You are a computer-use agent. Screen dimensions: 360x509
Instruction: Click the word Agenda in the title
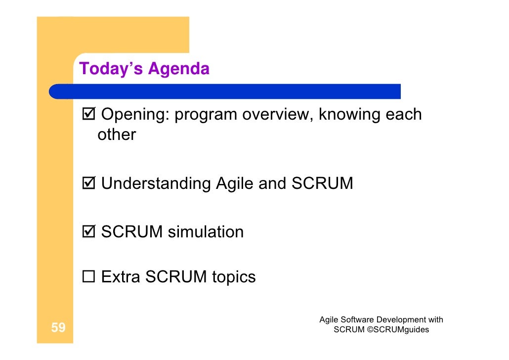pos(178,69)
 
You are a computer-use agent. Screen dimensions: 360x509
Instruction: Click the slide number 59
pos(58,327)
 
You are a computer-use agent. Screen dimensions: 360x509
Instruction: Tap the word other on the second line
pos(117,135)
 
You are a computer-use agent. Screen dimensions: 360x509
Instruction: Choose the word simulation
pos(206,232)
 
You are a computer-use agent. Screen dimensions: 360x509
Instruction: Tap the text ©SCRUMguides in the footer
pos(398,329)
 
